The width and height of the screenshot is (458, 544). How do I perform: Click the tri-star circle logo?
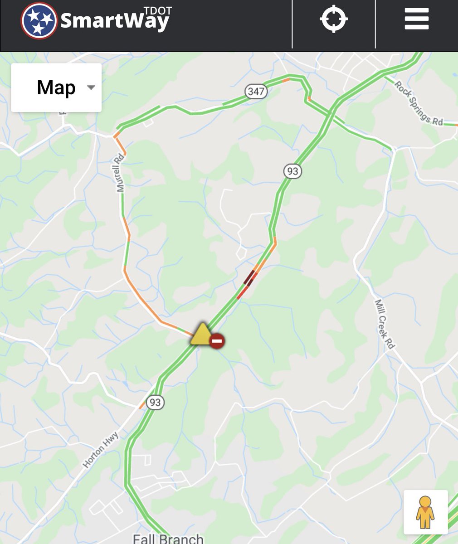pos(39,21)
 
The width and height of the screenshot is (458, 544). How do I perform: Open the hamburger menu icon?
pos(416,19)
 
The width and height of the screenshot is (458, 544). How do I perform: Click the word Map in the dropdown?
pos(56,87)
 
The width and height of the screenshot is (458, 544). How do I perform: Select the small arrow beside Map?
pos(91,87)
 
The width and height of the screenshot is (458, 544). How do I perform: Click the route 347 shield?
pos(256,91)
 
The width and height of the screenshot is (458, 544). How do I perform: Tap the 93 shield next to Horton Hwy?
pos(155,402)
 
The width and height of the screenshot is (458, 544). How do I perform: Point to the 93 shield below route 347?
pos(292,171)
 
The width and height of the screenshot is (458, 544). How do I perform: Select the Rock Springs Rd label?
pos(418,103)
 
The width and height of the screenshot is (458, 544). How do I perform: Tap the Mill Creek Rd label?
pos(385,324)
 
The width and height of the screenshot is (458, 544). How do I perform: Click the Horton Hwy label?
pos(101,450)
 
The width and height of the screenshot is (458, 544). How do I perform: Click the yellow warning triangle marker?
pos(200,335)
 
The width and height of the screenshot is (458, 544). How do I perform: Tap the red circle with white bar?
pos(217,341)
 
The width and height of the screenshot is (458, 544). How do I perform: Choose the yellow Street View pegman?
pos(425,512)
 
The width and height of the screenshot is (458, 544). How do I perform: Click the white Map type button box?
pos(56,87)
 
